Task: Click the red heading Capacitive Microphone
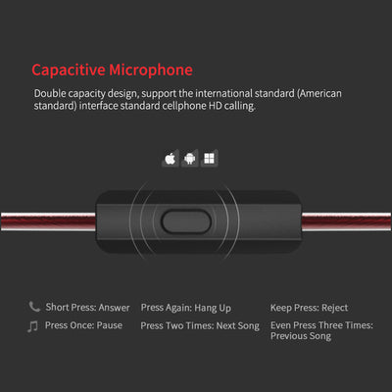click(112, 70)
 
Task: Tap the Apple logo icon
click(171, 157)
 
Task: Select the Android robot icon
click(190, 157)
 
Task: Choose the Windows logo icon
click(210, 157)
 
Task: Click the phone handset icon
click(34, 307)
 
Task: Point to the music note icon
click(33, 324)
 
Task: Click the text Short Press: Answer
click(87, 307)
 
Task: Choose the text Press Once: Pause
click(83, 324)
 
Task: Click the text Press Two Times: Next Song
click(200, 325)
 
